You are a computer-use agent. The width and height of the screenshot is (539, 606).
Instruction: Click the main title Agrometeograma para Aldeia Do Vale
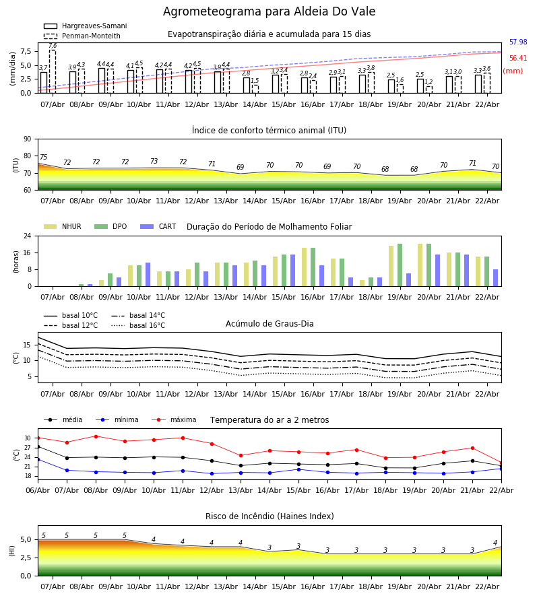(269, 12)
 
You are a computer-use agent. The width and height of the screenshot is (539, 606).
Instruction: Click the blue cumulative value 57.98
(518, 42)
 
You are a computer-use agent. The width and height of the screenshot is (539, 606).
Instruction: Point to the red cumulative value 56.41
(518, 59)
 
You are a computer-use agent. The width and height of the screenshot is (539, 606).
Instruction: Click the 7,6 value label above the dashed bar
(53, 46)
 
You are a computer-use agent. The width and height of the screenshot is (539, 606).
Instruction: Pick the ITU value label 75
(43, 158)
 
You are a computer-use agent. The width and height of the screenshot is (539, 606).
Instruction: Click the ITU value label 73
(154, 162)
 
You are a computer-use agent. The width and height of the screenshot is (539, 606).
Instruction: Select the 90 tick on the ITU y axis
(27, 139)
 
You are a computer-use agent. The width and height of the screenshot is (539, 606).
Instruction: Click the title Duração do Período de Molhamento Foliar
(269, 227)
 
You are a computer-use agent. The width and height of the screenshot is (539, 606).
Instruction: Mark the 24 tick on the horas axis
(28, 236)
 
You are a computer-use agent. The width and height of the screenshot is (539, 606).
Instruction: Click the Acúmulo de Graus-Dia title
(269, 324)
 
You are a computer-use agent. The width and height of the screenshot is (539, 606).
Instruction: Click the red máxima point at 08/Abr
(96, 436)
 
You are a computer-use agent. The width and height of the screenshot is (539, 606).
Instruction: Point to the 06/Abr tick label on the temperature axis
(38, 490)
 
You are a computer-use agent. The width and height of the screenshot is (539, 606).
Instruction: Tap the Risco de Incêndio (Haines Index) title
(269, 516)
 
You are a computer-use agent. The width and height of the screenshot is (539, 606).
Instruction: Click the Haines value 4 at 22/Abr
(495, 543)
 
